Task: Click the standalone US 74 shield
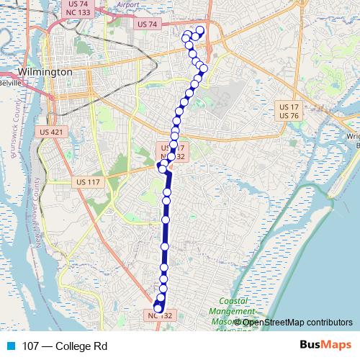(146, 24)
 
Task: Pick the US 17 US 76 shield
(289, 111)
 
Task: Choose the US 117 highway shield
(89, 182)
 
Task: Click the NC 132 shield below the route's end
(161, 315)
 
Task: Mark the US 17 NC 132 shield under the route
(171, 152)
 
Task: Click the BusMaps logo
(325, 346)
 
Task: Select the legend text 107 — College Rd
(65, 346)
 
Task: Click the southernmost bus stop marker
(158, 309)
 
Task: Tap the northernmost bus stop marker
(199, 30)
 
